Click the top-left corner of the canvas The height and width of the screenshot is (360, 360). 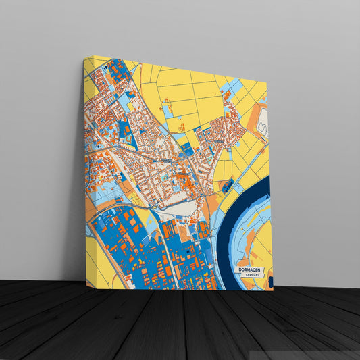point(84,57)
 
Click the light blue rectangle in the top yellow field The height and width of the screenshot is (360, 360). point(168,111)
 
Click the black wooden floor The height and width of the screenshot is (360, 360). point(169,324)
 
